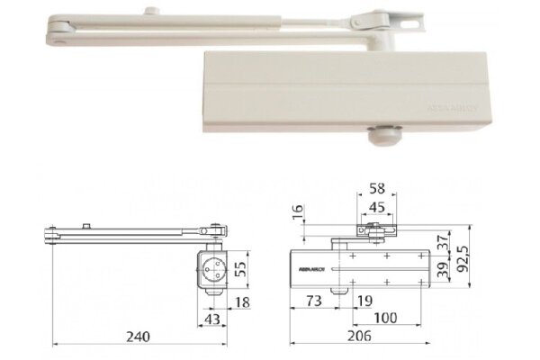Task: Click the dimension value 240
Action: click(x=137, y=336)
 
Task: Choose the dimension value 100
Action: click(x=383, y=317)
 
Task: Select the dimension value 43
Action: click(x=212, y=318)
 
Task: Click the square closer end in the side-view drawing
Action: click(x=215, y=268)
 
